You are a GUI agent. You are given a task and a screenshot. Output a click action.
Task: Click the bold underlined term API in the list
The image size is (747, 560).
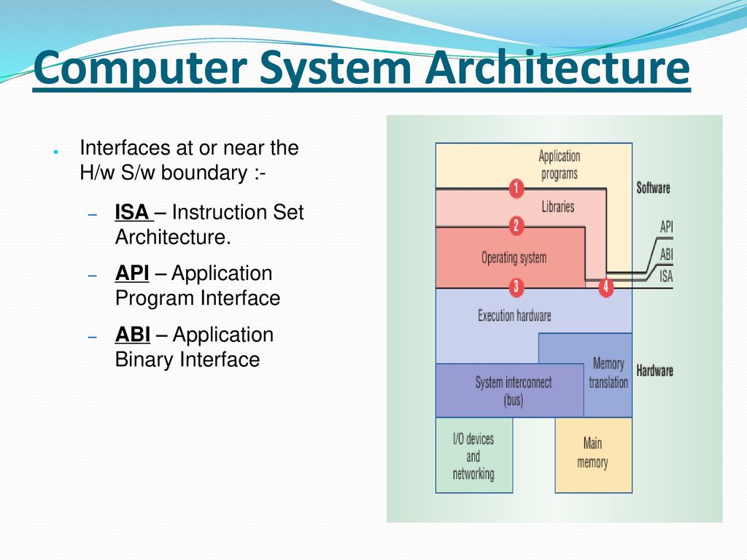pyautogui.click(x=132, y=273)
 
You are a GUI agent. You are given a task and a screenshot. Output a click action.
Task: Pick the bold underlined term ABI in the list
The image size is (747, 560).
pyautogui.click(x=133, y=335)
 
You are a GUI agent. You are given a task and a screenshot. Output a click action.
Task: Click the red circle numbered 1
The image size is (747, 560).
pyautogui.click(x=516, y=189)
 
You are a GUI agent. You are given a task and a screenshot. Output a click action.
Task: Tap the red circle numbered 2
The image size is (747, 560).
pyautogui.click(x=516, y=226)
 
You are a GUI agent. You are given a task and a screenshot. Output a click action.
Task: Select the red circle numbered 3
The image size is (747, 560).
pyautogui.click(x=516, y=287)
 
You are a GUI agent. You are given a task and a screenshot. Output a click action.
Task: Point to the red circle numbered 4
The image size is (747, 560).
pyautogui.click(x=605, y=287)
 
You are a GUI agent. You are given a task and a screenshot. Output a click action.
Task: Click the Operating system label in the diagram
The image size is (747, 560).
pyautogui.click(x=514, y=258)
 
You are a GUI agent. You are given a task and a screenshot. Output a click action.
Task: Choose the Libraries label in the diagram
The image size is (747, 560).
pyautogui.click(x=558, y=206)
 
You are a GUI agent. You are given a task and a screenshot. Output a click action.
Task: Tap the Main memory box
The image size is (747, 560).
pyautogui.click(x=594, y=455)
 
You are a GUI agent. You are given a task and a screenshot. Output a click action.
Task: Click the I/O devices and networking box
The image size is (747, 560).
pyautogui.click(x=474, y=455)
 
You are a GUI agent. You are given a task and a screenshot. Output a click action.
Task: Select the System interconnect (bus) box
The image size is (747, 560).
pyautogui.click(x=510, y=391)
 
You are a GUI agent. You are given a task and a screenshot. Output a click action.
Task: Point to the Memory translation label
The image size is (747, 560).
pyautogui.click(x=608, y=373)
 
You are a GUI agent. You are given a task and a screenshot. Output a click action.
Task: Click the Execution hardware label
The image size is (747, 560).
pyautogui.click(x=514, y=316)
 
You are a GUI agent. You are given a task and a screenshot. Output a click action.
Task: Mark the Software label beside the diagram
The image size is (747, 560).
pyautogui.click(x=653, y=188)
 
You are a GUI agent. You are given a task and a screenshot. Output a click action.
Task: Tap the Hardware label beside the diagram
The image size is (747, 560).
pyautogui.click(x=654, y=371)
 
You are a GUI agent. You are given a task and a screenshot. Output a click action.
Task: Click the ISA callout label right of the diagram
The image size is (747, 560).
pyautogui.click(x=666, y=276)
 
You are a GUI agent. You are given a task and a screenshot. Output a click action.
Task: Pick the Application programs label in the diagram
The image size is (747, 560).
pyautogui.click(x=560, y=165)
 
